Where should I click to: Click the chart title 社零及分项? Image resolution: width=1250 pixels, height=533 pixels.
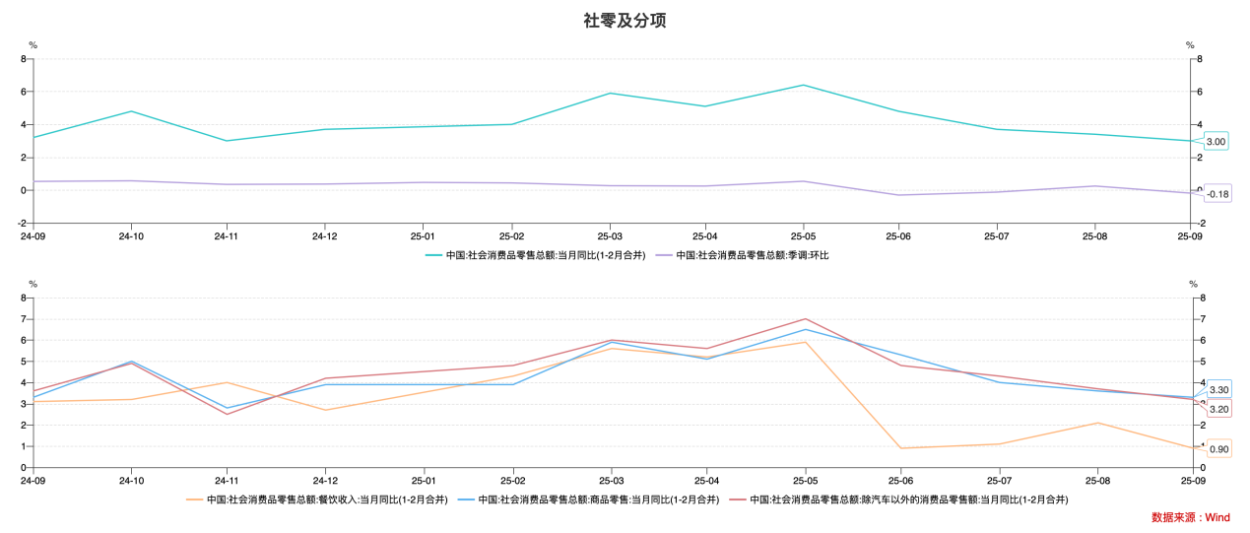coord(625,20)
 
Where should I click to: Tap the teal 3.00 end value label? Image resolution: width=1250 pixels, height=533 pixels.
coord(1216,142)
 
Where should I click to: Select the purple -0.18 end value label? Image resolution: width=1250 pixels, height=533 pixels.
coord(1217,194)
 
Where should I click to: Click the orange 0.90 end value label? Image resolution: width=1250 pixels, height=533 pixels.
coord(1218,449)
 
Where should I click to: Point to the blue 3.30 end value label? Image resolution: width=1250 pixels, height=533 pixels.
coord(1218,390)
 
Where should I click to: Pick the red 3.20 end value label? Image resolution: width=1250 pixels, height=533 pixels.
coord(1218,409)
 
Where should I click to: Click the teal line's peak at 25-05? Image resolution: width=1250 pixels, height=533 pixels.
coord(803,85)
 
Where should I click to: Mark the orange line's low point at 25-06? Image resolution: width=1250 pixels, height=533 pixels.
coord(900,448)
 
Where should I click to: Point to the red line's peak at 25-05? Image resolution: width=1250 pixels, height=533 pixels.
coord(804,319)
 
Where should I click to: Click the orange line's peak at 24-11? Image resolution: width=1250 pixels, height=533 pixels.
coord(228,382)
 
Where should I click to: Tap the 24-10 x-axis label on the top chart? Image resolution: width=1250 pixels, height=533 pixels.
coord(131,236)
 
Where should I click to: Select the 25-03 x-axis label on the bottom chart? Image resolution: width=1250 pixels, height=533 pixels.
coord(611,481)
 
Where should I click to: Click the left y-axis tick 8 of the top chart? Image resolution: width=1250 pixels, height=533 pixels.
coord(25,59)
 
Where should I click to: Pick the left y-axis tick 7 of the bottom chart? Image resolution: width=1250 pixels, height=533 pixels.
coord(25,319)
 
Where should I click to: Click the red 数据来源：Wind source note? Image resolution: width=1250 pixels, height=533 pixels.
coord(1190,517)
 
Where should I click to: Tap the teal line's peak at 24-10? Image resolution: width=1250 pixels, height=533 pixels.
coord(131,111)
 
